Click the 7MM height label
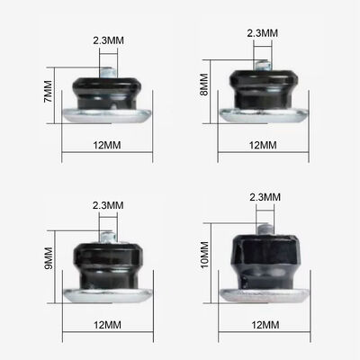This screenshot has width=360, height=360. click(48, 91)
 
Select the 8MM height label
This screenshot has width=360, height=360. click(204, 85)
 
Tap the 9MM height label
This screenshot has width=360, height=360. click(48, 258)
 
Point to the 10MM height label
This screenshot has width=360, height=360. click(205, 255)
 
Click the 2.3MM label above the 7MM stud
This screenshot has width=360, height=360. click(108, 40)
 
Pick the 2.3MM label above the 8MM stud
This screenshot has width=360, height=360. click(263, 33)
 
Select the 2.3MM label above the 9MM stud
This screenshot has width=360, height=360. click(108, 205)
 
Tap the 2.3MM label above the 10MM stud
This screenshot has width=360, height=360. click(265, 197)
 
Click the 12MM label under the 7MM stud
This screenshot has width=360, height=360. click(107, 145)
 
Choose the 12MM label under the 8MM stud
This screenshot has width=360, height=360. click(263, 145)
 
